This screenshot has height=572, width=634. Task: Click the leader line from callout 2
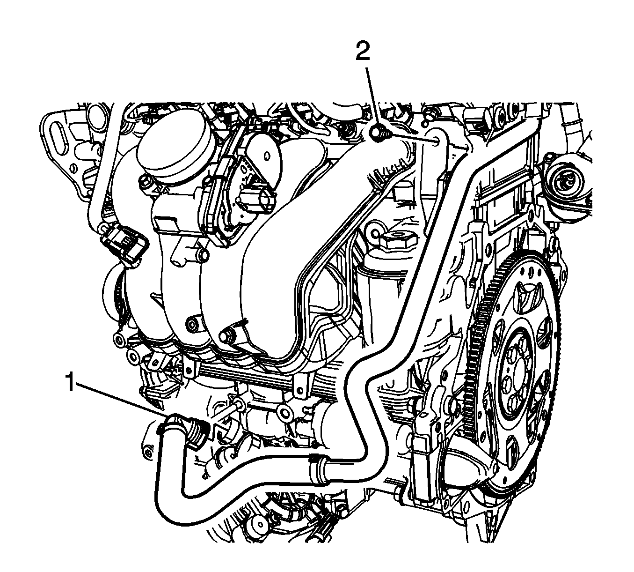tap(370, 98)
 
